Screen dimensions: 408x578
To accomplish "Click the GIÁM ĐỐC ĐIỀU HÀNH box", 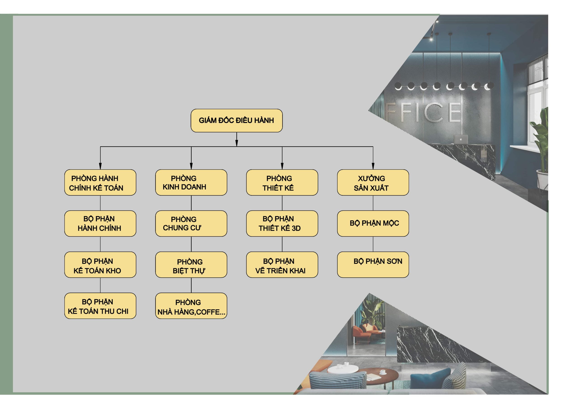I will (236, 120).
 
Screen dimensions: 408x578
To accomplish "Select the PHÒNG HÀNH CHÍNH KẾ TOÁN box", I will (100, 182).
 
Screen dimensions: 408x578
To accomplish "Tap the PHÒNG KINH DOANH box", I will (191, 182).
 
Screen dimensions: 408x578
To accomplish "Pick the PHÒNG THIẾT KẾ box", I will (282, 182).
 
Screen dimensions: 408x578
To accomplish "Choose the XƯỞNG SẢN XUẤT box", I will (373, 182).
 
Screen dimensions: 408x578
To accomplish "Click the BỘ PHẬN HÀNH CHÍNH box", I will (100, 223).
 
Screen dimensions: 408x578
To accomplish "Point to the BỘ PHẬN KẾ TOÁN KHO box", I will (100, 265).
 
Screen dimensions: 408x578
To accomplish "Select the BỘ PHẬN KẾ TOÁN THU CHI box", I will (100, 306).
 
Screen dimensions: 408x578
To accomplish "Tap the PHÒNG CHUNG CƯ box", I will (191, 223).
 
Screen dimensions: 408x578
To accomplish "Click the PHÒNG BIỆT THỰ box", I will (191, 265).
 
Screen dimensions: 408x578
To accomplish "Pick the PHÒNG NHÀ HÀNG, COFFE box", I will (191, 306).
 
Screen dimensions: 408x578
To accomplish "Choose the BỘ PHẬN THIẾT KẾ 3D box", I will (282, 223).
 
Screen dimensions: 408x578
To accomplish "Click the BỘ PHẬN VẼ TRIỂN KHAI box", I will (282, 265).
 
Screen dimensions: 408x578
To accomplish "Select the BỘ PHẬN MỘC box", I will (373, 223).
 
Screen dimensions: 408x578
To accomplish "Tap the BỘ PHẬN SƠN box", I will (373, 265).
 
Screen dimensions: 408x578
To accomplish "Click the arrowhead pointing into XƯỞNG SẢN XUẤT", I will (373, 166).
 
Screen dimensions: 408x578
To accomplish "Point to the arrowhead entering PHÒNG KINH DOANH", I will (191, 166).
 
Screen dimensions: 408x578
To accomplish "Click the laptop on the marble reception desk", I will (460, 139).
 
